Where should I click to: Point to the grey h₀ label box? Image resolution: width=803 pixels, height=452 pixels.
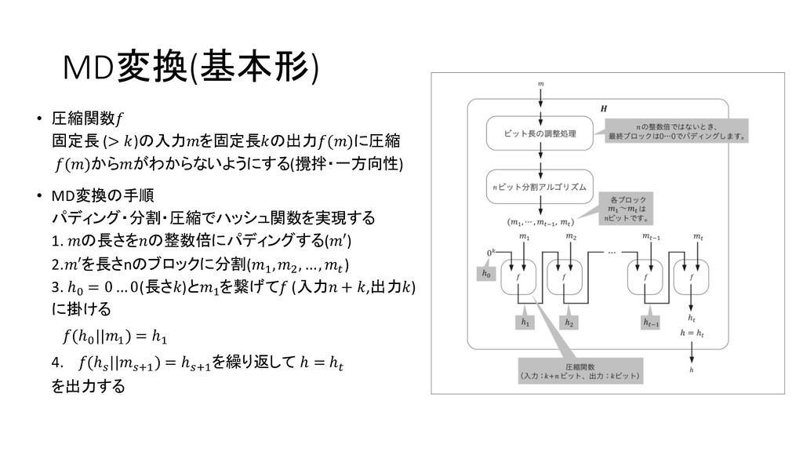[x=487, y=274]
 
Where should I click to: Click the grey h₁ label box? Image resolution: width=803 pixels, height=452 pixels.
[x=524, y=322]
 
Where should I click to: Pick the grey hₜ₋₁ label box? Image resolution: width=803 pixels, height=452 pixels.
[x=650, y=322]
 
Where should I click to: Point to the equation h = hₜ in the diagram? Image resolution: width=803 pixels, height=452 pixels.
[x=691, y=334]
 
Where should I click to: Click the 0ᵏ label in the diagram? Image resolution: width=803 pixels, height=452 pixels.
[x=492, y=252]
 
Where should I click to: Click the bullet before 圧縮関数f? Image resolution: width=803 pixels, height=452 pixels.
[x=39, y=120]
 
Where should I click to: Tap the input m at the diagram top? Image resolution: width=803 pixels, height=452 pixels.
[x=540, y=82]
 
